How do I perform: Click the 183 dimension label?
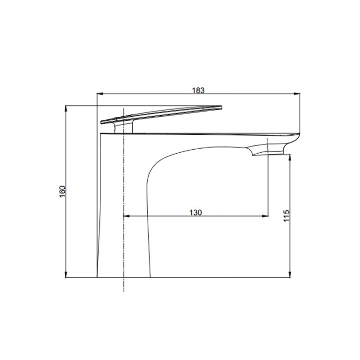(198, 90)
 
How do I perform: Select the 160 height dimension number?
(62, 191)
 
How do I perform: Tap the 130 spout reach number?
(195, 212)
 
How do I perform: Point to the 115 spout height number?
(286, 216)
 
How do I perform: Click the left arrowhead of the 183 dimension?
(100, 94)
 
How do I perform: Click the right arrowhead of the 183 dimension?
(297, 94)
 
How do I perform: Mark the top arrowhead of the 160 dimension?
(66, 109)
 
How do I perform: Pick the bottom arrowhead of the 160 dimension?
(66, 275)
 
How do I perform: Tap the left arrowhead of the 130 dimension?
(127, 216)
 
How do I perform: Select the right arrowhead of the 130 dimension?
(265, 216)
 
